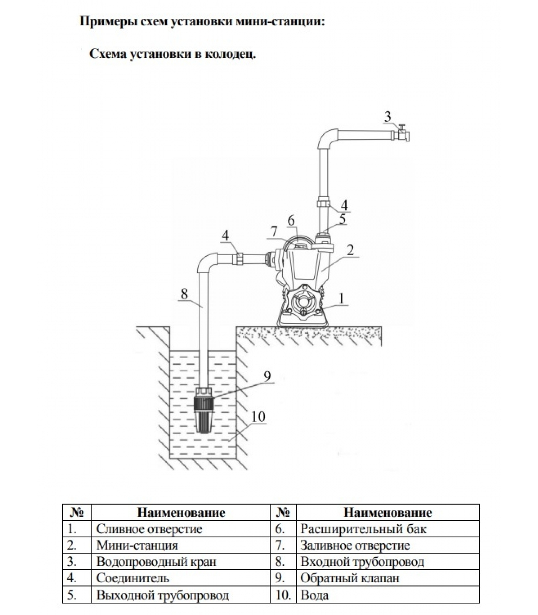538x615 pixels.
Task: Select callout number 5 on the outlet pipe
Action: click(x=342, y=219)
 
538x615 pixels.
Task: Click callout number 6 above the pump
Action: click(x=291, y=221)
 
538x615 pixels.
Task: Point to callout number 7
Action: click(x=274, y=232)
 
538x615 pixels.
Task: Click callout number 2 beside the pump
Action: click(x=350, y=250)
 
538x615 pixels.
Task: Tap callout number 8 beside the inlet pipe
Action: click(x=184, y=294)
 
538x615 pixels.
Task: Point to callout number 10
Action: click(x=259, y=417)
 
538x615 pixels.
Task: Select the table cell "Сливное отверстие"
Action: click(x=149, y=529)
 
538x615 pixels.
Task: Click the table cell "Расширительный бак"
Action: click(x=363, y=529)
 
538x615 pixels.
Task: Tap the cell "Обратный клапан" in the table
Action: click(x=350, y=578)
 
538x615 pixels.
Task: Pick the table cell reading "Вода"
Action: click(x=314, y=595)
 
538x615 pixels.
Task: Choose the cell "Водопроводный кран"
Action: click(x=156, y=562)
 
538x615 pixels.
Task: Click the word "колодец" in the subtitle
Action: click(x=230, y=54)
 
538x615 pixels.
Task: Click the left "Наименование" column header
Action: click(x=181, y=512)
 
